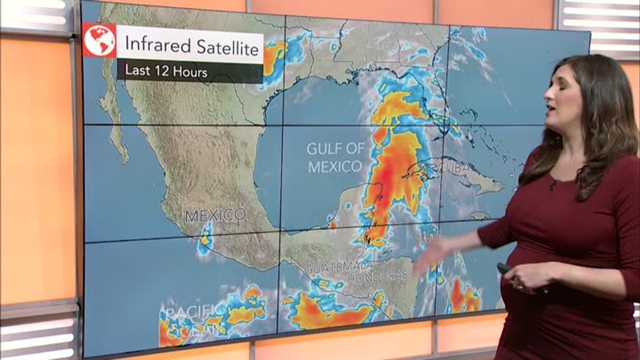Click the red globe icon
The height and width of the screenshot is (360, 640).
[x=99, y=40]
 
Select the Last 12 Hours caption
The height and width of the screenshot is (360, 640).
[x=166, y=71]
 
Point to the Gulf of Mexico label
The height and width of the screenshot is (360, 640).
[x=335, y=157]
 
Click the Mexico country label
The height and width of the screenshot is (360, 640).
[x=215, y=215]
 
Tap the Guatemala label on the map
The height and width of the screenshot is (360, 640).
[x=338, y=267]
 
